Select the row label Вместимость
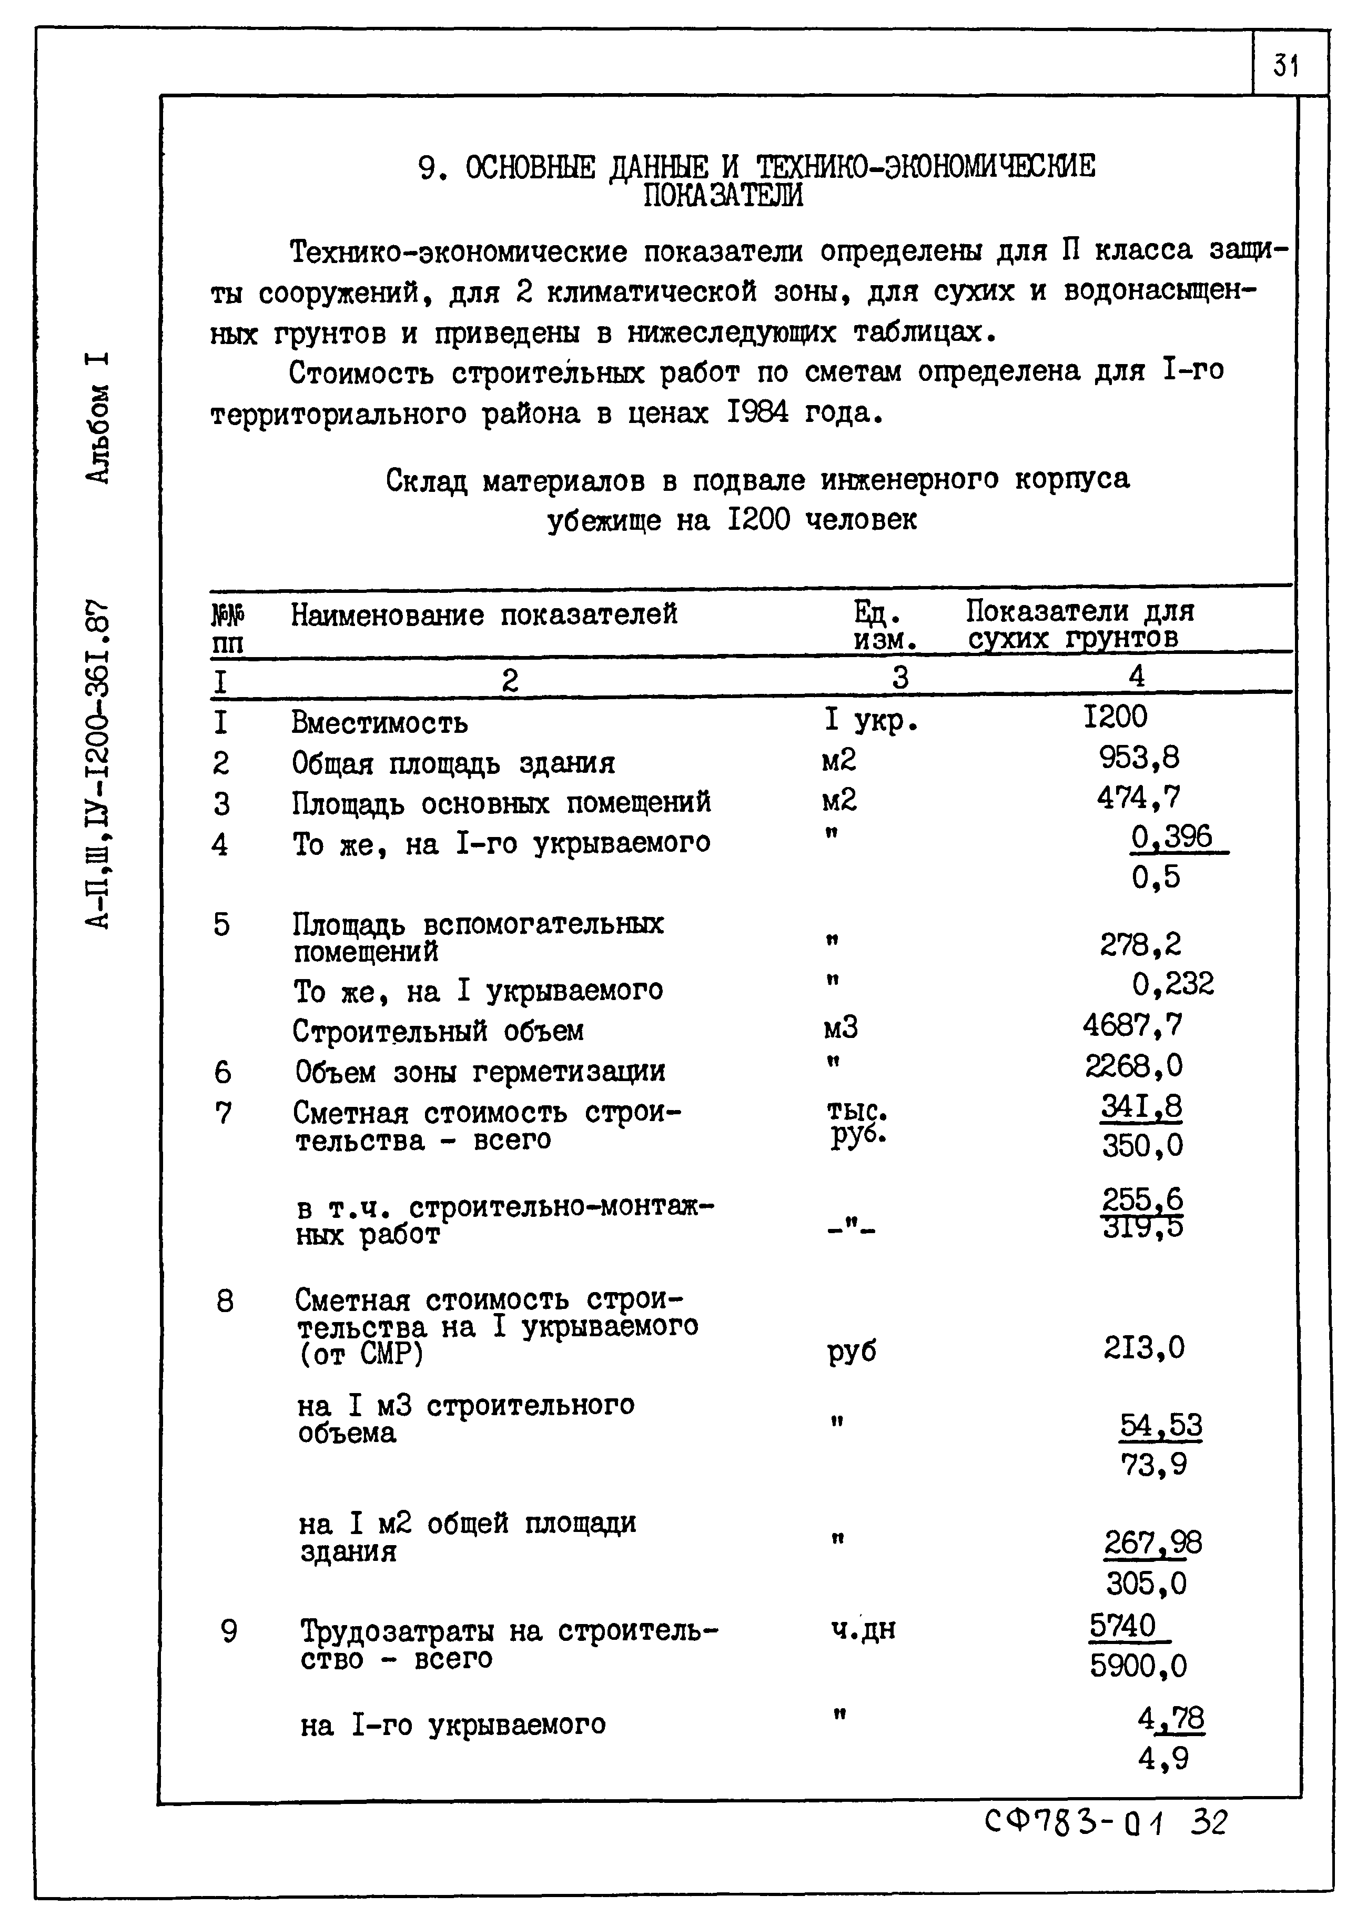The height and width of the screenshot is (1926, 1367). pyautogui.click(x=380, y=723)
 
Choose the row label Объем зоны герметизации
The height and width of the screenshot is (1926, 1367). pyautogui.click(x=480, y=1072)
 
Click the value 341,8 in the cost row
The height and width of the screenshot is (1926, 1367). pyautogui.click(x=1141, y=1107)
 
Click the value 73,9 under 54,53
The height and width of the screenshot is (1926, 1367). pyautogui.click(x=1153, y=1466)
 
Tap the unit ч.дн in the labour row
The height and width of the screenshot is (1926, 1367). pyautogui.click(x=863, y=1630)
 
